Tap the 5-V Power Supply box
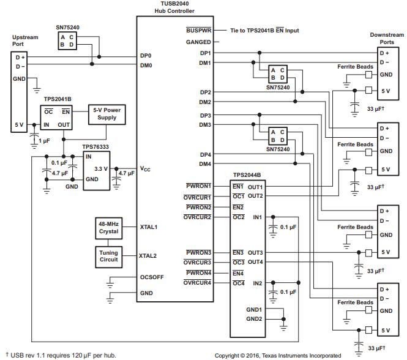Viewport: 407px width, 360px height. [x=105, y=113]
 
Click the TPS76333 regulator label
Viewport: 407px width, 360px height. [x=97, y=147]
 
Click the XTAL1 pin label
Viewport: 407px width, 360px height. [x=149, y=227]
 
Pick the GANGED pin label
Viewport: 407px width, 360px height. [x=198, y=42]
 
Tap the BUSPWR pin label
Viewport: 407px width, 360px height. [x=198, y=30]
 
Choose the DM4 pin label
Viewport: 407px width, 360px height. [x=204, y=164]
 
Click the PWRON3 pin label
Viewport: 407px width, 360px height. [x=198, y=252]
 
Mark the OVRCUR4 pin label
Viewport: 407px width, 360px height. [x=197, y=282]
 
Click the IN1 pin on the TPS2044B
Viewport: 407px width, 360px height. [x=258, y=217]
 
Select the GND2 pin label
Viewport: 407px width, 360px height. [x=255, y=319]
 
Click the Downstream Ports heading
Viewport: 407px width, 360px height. [x=387, y=39]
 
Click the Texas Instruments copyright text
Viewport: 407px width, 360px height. [x=278, y=355]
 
